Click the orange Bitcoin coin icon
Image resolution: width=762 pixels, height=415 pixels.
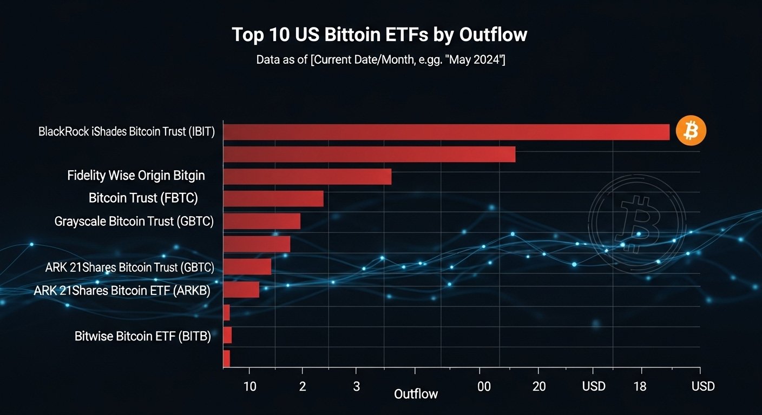[691, 131]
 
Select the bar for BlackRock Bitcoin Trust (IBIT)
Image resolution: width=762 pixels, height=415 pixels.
[446, 132]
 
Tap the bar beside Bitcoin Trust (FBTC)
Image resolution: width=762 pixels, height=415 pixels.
[273, 199]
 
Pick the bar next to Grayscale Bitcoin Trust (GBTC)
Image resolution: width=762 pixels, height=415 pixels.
[261, 221]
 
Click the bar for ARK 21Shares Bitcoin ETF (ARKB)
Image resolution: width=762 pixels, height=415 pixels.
[241, 290]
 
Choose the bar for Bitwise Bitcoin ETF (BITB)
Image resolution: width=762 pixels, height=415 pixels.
[227, 335]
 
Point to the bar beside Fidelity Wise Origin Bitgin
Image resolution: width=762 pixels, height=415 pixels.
[307, 177]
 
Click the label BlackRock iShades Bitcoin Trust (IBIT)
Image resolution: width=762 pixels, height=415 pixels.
[127, 132]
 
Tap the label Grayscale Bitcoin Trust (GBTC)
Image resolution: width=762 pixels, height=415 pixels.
[134, 221]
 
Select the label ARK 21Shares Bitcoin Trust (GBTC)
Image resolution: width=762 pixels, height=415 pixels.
[130, 267]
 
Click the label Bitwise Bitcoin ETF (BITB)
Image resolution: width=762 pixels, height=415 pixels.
[142, 336]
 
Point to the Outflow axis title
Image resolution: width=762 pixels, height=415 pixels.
[416, 394]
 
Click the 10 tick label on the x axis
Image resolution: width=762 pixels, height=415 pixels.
[249, 386]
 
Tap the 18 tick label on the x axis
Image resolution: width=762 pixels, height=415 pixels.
[640, 386]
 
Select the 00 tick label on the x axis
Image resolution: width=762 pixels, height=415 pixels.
[484, 386]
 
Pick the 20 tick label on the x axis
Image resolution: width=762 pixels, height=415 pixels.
[538, 386]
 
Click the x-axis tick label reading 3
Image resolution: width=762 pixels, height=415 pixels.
[356, 386]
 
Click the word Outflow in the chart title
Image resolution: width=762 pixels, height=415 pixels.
[493, 35]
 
